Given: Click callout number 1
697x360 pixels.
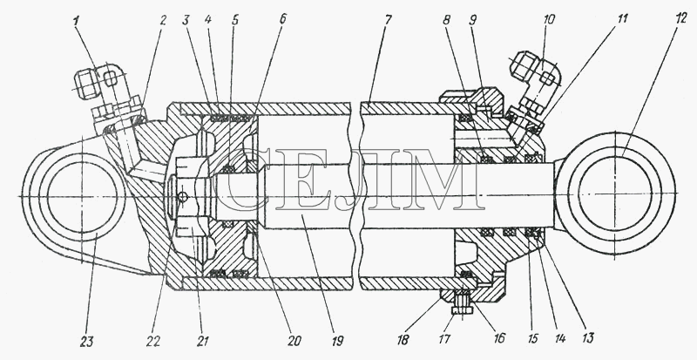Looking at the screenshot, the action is click(77, 20).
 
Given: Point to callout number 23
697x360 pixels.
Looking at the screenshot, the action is click(87, 342).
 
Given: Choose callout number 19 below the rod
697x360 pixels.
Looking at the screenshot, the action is click(337, 342).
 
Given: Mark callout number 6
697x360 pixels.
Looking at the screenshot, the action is click(284, 19).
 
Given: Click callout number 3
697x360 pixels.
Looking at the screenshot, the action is click(186, 20).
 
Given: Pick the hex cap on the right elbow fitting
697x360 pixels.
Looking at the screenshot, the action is click(524, 65).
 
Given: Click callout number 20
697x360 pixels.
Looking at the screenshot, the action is click(294, 342).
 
